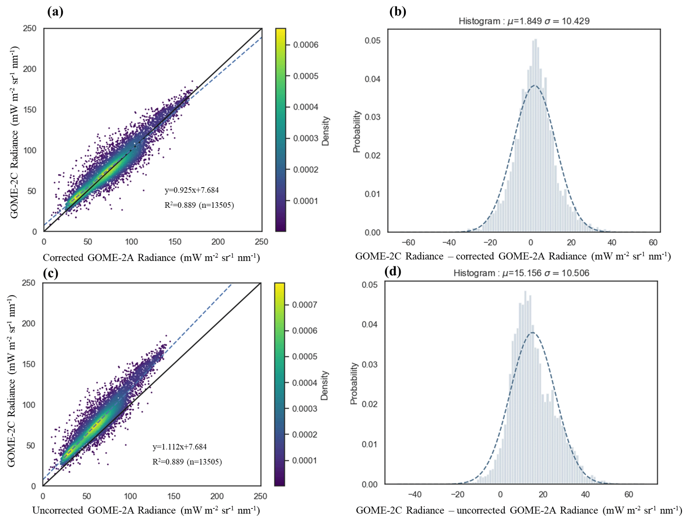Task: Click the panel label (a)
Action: click(55, 12)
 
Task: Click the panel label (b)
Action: click(397, 12)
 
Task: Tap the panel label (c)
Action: click(51, 273)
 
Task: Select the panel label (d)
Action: click(393, 271)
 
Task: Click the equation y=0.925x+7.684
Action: click(192, 190)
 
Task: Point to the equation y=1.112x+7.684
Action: click(180, 447)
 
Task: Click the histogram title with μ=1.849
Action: click(524, 21)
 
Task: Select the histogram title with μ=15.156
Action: click(521, 273)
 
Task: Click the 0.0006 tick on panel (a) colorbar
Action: click(306, 45)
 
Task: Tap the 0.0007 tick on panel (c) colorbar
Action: click(304, 305)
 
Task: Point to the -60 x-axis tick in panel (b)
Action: click(408, 243)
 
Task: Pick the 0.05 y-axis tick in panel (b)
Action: click(372, 41)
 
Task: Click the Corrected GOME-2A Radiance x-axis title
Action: click(151, 258)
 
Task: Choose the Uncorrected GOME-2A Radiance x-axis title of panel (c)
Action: click(146, 510)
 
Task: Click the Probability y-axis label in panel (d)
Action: click(354, 384)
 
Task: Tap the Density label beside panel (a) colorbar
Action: click(325, 131)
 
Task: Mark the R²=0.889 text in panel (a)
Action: click(199, 205)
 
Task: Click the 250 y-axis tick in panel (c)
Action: click(29, 283)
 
